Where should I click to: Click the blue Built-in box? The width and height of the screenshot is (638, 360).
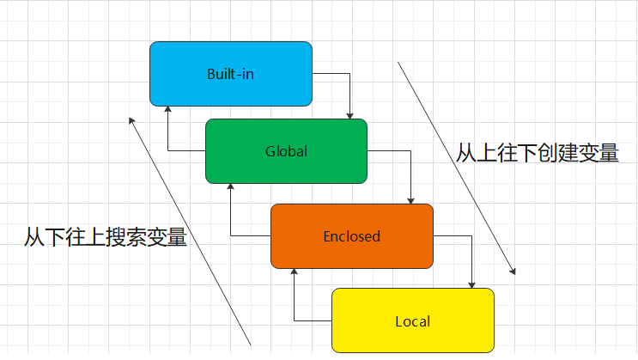click(x=230, y=74)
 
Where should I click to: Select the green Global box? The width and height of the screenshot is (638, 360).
click(x=286, y=151)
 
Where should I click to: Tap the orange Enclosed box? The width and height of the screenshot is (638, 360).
click(x=351, y=235)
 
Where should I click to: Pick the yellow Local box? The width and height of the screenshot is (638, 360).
click(x=412, y=320)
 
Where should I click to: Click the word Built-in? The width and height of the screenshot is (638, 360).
click(x=230, y=74)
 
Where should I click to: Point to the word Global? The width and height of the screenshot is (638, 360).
click(x=286, y=152)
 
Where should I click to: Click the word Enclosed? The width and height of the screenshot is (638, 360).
click(x=351, y=236)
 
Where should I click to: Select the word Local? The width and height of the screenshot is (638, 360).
click(x=412, y=322)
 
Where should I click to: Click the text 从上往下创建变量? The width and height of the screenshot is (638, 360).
click(x=537, y=154)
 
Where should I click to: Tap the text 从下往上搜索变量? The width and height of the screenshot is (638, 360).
click(x=106, y=237)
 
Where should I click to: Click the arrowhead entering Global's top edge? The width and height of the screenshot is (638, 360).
click(x=350, y=115)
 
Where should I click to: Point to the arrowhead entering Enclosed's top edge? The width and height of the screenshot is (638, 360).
click(x=411, y=200)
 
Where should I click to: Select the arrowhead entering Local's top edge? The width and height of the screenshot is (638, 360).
click(x=471, y=284)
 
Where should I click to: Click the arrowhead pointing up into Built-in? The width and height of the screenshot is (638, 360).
click(x=167, y=109)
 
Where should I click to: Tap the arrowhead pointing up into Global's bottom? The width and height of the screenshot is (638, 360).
click(x=230, y=186)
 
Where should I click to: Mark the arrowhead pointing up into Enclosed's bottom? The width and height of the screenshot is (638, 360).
click(x=294, y=271)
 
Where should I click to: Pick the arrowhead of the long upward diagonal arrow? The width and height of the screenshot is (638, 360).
click(x=131, y=121)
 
